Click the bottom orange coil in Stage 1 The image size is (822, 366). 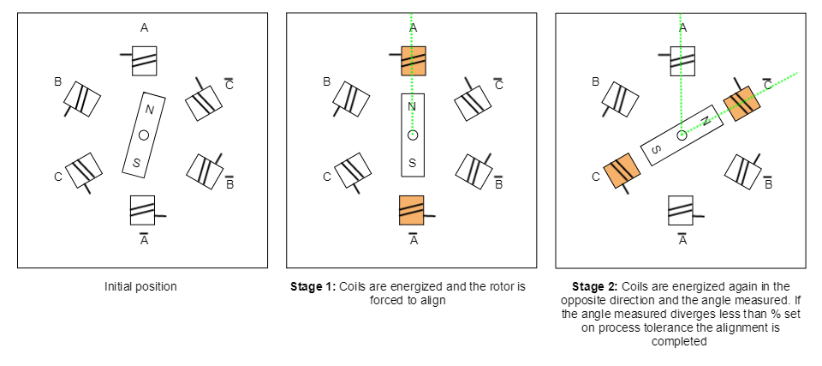pyautogui.click(x=412, y=210)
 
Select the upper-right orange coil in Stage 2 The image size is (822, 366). pyautogui.click(x=741, y=103)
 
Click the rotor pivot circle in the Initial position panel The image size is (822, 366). pyautogui.click(x=143, y=135)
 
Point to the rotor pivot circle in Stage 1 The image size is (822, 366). pyautogui.click(x=412, y=135)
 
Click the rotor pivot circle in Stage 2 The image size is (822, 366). pyautogui.click(x=682, y=135)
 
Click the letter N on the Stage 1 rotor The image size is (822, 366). pyautogui.click(x=412, y=106)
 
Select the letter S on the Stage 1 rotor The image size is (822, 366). pyautogui.click(x=412, y=163)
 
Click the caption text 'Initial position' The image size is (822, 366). pyautogui.click(x=140, y=286)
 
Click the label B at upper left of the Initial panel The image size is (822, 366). pyautogui.click(x=58, y=82)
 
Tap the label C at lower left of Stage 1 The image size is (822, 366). pyautogui.click(x=327, y=177)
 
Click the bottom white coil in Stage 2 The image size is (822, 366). pyautogui.click(x=682, y=210)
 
